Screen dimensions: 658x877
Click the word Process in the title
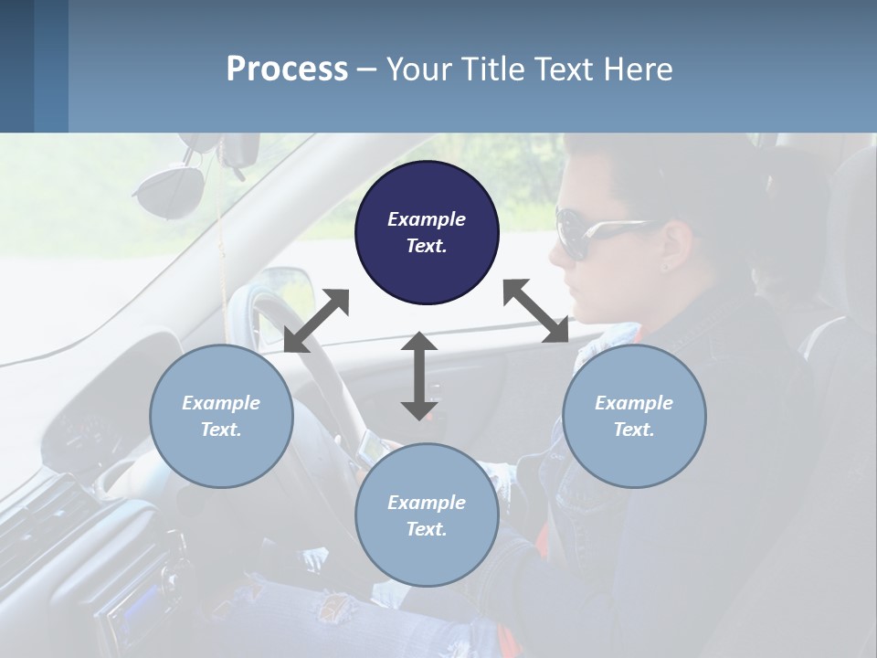287,69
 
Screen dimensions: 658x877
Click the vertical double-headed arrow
419,376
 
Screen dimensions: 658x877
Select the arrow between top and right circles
535,311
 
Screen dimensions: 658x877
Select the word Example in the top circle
427,219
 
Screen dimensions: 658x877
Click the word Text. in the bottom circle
427,529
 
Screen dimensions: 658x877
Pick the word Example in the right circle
634,403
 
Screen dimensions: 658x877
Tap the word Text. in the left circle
221,430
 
